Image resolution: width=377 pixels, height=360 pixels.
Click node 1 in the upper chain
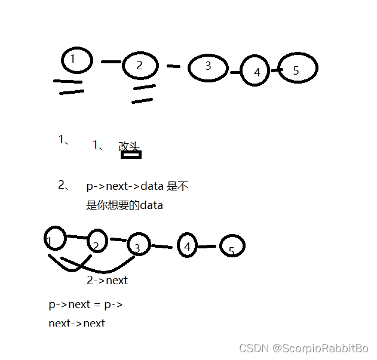tap(77, 60)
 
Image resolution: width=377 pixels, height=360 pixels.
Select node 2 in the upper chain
tap(140, 65)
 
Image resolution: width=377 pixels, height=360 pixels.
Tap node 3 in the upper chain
tap(208, 67)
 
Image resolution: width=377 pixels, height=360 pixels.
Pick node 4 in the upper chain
tap(256, 72)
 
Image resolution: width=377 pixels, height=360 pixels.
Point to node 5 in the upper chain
tap(297, 69)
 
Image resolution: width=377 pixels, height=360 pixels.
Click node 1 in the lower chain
tap(54, 239)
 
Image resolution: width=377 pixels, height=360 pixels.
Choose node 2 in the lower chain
tap(97, 242)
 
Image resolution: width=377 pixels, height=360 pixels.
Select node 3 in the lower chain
tap(138, 245)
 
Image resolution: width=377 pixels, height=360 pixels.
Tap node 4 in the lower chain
tap(187, 245)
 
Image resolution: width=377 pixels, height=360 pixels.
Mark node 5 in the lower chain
tap(232, 247)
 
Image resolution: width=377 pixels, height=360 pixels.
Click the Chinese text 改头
tap(128, 146)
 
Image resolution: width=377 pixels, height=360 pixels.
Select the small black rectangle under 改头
tap(131, 155)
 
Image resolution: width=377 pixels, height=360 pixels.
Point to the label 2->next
tap(108, 281)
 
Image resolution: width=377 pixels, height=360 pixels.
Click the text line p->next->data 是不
tap(137, 186)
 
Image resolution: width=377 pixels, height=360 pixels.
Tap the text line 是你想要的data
tap(124, 205)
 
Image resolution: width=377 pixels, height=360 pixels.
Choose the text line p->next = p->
tap(85, 304)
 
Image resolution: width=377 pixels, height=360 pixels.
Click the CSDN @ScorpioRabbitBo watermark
tap(304, 348)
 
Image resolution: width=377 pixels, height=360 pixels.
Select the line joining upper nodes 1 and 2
tap(111, 61)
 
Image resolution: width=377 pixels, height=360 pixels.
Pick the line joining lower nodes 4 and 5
tap(207, 246)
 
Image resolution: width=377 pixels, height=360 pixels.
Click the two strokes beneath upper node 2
tap(143, 94)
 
